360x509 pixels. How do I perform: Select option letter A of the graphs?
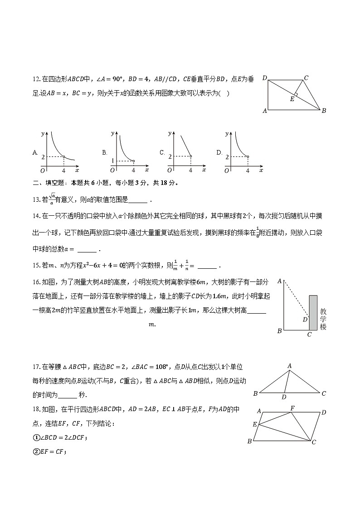35,153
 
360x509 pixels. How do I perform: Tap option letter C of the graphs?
162,153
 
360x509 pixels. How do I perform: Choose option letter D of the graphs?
219,153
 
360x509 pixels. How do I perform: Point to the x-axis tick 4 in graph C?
190,170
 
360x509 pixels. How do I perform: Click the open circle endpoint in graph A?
64,157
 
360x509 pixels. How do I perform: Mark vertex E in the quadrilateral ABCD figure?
292,99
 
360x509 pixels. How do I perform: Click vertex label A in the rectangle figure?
265,111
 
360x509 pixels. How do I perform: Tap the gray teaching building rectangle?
313,313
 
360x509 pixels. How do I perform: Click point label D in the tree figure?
305,320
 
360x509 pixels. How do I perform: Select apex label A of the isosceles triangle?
289,366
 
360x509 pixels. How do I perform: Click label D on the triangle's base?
284,398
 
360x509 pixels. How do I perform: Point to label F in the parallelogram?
292,408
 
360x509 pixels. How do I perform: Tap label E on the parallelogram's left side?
255,424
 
